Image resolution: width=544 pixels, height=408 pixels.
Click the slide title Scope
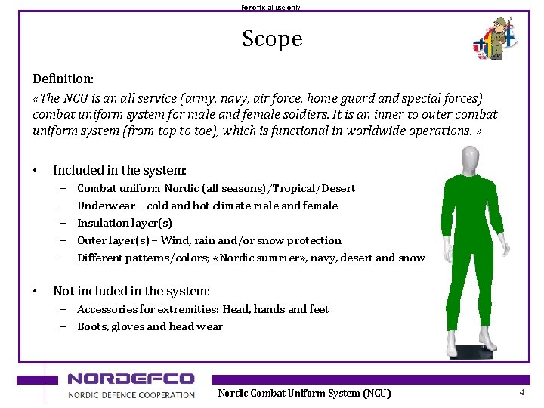tap(272, 39)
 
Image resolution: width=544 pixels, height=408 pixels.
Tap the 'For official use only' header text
tap(270, 7)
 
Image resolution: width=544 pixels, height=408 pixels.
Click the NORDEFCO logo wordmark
tap(131, 379)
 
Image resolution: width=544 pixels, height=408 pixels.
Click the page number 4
tap(521, 393)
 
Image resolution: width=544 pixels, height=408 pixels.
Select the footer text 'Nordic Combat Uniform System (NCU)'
tap(304, 393)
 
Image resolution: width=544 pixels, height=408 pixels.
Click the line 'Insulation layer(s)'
tap(125, 223)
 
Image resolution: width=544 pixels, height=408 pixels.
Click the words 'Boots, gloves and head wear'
tap(150, 326)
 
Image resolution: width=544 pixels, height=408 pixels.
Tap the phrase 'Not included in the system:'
tap(131, 291)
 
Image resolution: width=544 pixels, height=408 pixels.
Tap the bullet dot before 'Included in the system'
tap(36, 171)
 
